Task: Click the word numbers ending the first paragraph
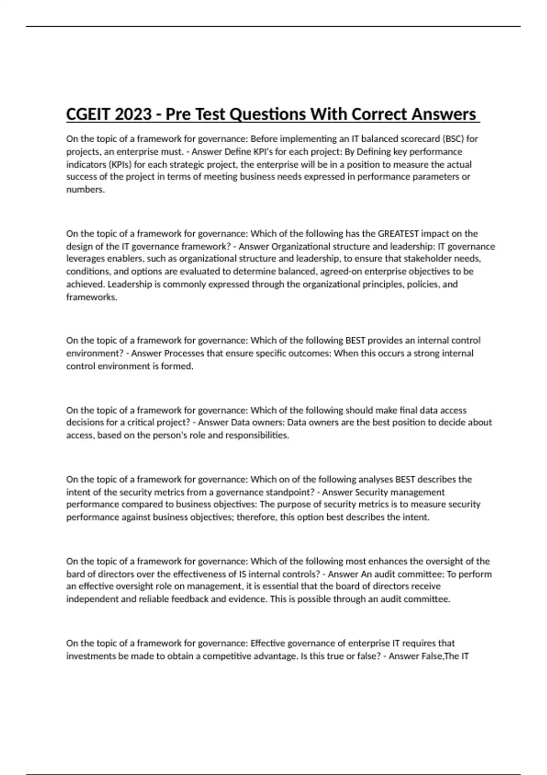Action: coord(85,190)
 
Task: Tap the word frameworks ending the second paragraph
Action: coord(92,297)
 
